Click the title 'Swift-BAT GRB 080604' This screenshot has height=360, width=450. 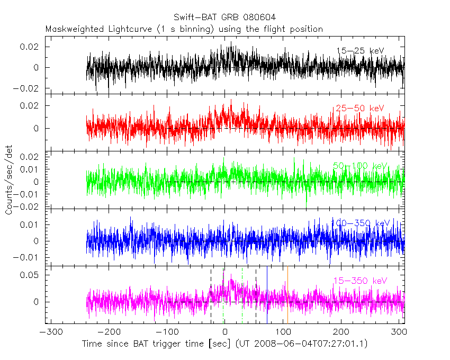tap(224, 19)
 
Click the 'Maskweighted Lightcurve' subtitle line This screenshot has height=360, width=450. tap(184, 29)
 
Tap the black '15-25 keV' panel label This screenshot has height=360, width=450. tap(360, 50)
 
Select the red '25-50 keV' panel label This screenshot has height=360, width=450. tap(359, 109)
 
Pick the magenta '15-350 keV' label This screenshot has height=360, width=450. tap(360, 281)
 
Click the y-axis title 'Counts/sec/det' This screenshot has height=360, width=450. tap(8, 180)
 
